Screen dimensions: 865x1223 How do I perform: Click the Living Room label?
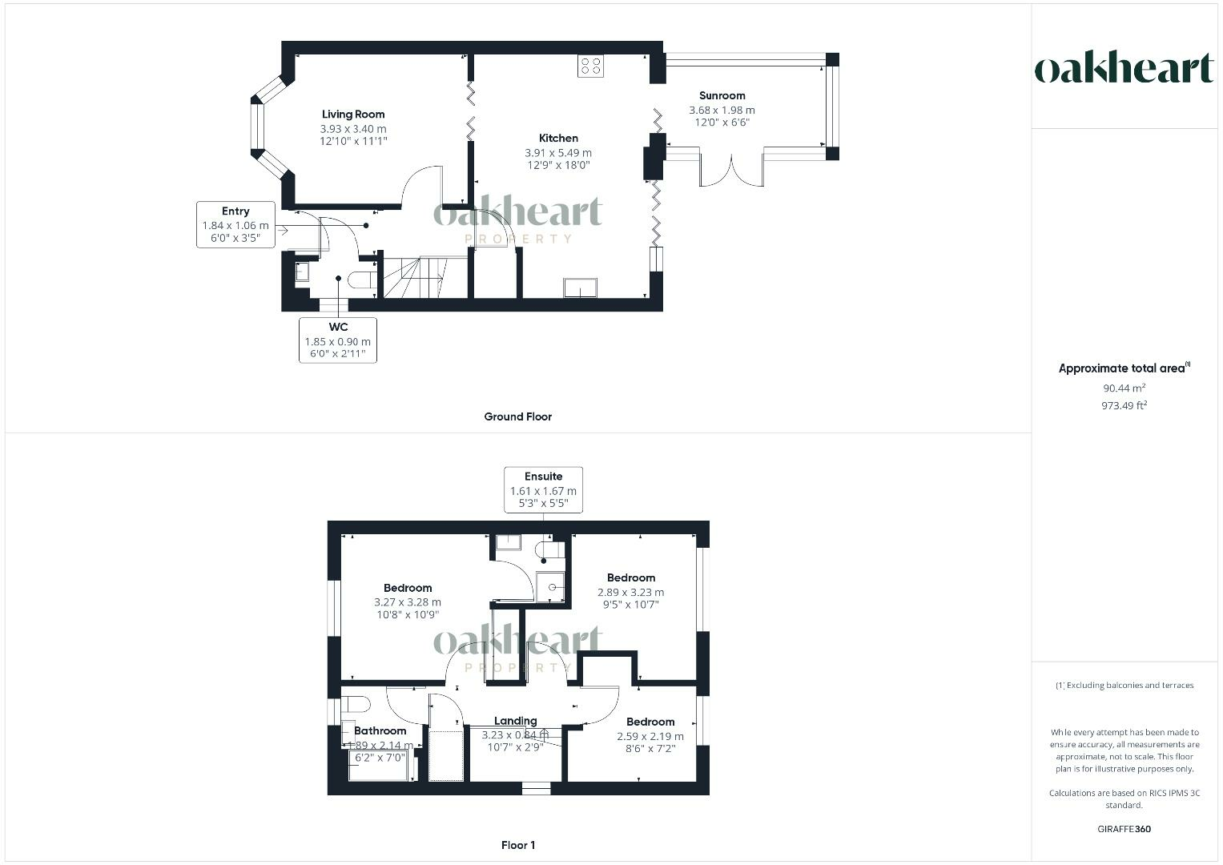click(x=353, y=115)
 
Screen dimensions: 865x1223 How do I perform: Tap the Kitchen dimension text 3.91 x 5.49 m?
click(x=558, y=153)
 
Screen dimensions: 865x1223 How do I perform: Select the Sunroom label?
click(x=722, y=95)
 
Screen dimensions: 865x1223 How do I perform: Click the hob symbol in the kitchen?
click(x=591, y=66)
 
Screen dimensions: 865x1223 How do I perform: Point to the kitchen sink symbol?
click(x=580, y=287)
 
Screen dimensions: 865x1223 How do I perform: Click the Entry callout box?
click(x=235, y=224)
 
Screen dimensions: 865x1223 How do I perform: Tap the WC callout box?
click(x=338, y=340)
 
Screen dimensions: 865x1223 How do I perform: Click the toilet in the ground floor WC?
click(x=364, y=280)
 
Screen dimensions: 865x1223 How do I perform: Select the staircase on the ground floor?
click(x=413, y=277)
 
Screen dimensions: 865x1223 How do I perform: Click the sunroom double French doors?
click(x=731, y=169)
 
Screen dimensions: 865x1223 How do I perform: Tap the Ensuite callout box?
click(x=543, y=489)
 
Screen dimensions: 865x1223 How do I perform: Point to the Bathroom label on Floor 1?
click(x=380, y=730)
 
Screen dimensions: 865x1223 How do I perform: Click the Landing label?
click(x=515, y=721)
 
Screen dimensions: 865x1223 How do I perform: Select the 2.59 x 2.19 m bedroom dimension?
click(x=650, y=736)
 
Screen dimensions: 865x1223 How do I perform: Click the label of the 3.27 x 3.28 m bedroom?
click(x=408, y=588)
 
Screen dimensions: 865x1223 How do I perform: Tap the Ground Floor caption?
click(x=517, y=416)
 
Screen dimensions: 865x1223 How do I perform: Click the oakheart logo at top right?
click(x=1124, y=69)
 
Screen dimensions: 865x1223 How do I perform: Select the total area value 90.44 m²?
click(x=1124, y=388)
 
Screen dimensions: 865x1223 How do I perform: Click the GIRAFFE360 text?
click(x=1124, y=829)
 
